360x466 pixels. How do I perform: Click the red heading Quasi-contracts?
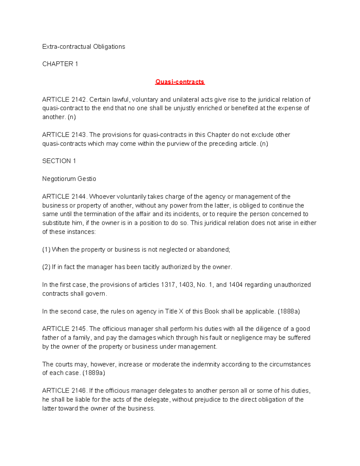click(x=180, y=82)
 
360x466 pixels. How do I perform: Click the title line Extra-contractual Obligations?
click(x=84, y=47)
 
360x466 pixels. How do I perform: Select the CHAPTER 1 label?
click(x=60, y=64)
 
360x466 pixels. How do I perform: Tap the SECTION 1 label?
click(x=59, y=161)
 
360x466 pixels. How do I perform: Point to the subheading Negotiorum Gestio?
click(x=69, y=179)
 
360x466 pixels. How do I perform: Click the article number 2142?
click(x=79, y=100)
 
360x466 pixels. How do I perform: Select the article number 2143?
click(x=79, y=135)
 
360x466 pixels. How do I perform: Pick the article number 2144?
click(x=79, y=197)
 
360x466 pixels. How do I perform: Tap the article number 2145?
click(x=79, y=329)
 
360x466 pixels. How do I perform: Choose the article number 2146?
click(x=79, y=391)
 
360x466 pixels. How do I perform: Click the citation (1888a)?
click(x=289, y=311)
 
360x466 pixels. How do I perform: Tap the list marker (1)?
click(x=46, y=250)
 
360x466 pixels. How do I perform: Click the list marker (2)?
click(x=46, y=267)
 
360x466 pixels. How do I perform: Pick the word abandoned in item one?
click(x=213, y=250)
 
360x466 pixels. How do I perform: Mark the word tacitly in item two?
click(x=150, y=267)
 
